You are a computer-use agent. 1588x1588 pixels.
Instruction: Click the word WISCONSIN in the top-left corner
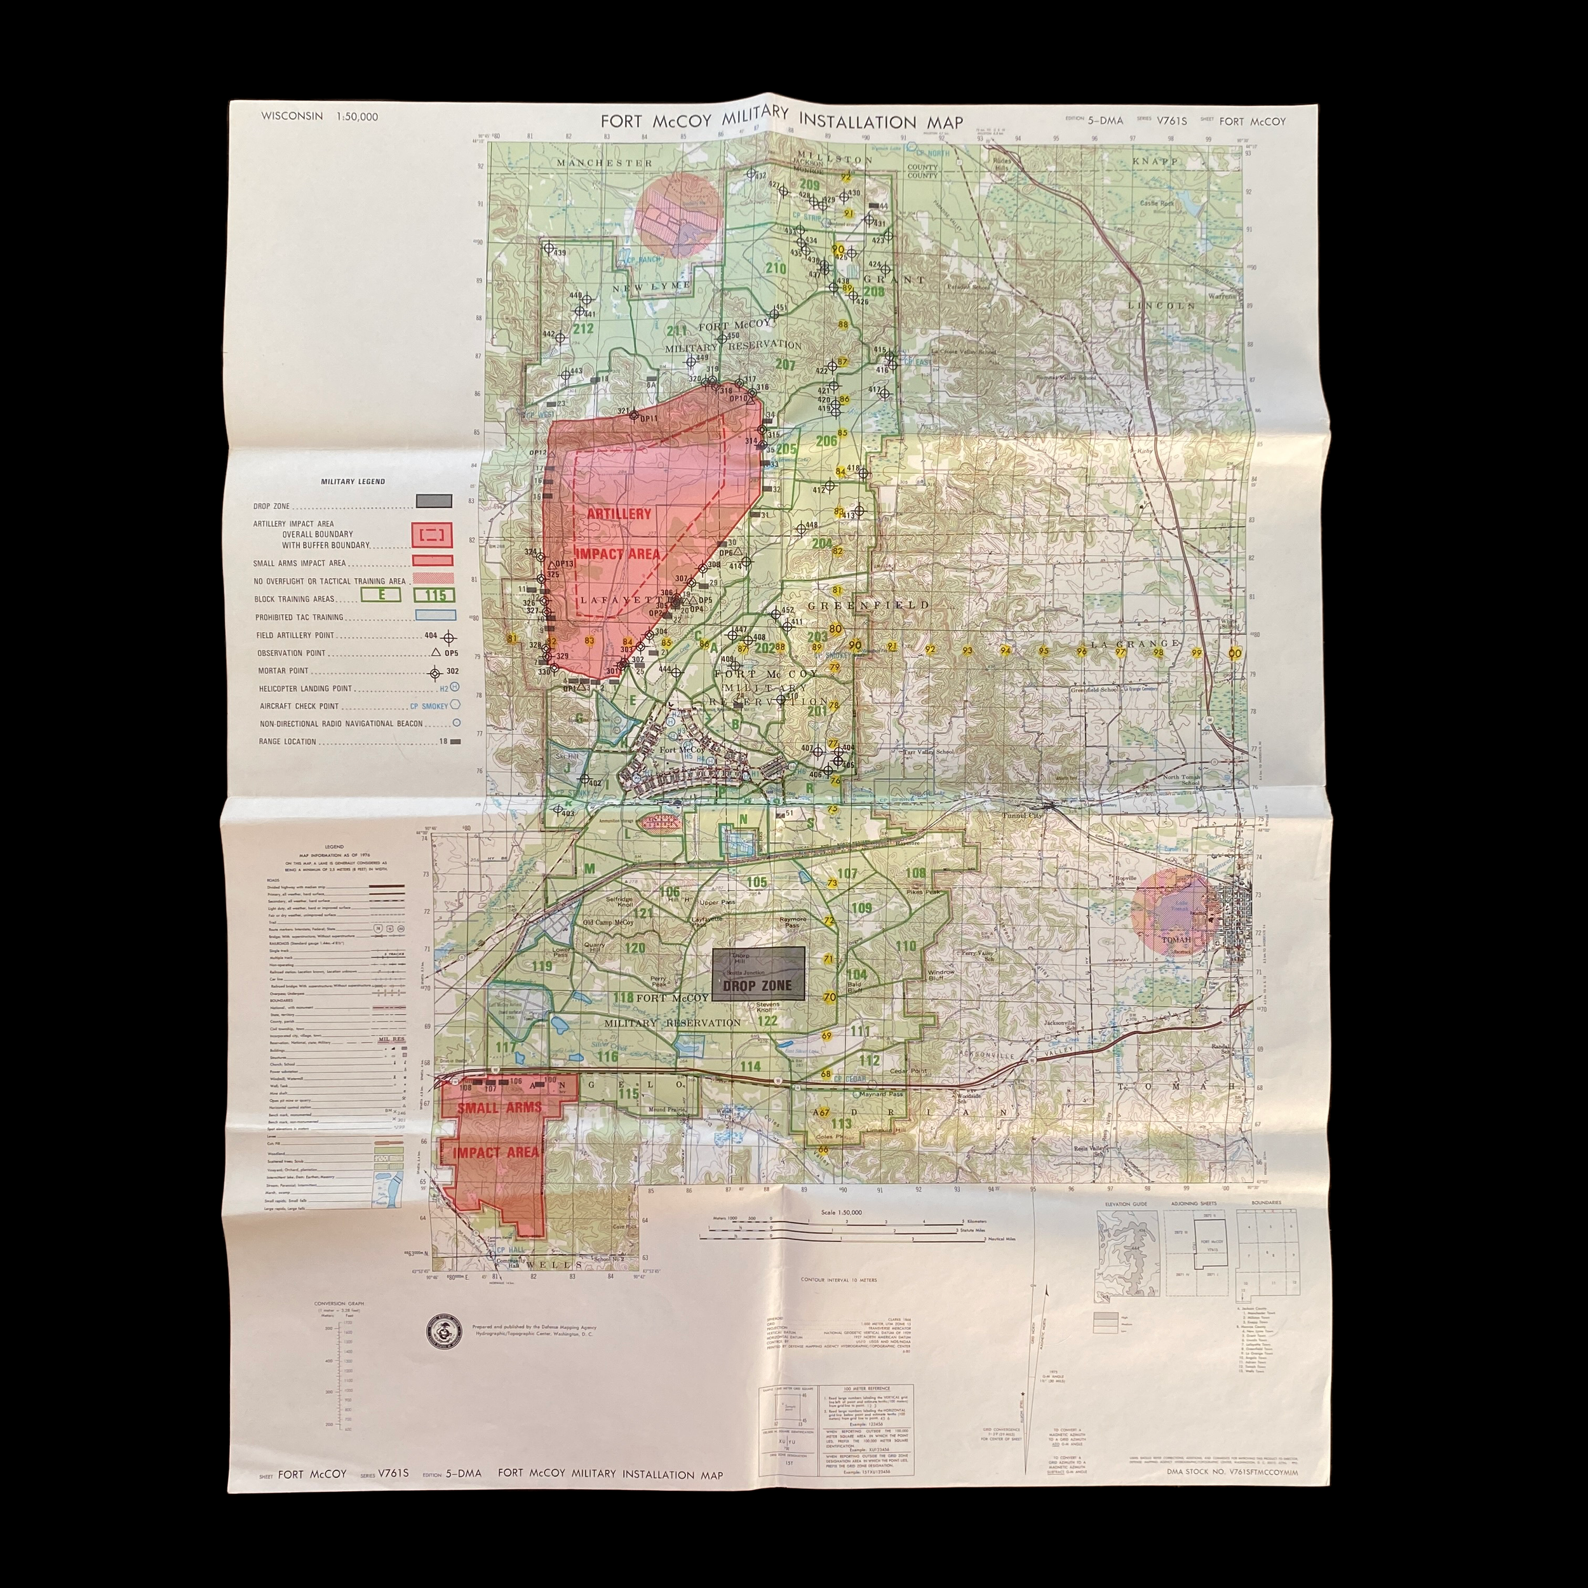(x=292, y=116)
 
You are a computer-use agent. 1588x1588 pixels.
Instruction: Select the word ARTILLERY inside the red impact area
(x=618, y=514)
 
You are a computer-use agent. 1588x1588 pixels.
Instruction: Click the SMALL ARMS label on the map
(x=500, y=1107)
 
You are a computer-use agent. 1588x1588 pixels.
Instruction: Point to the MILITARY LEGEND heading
(x=353, y=481)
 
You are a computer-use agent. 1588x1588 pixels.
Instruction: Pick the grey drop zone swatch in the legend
(x=433, y=501)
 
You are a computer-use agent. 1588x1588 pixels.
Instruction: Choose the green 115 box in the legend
(x=435, y=595)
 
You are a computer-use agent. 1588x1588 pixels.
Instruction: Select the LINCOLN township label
(x=1161, y=306)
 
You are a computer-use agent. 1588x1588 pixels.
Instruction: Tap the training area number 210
(x=775, y=268)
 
